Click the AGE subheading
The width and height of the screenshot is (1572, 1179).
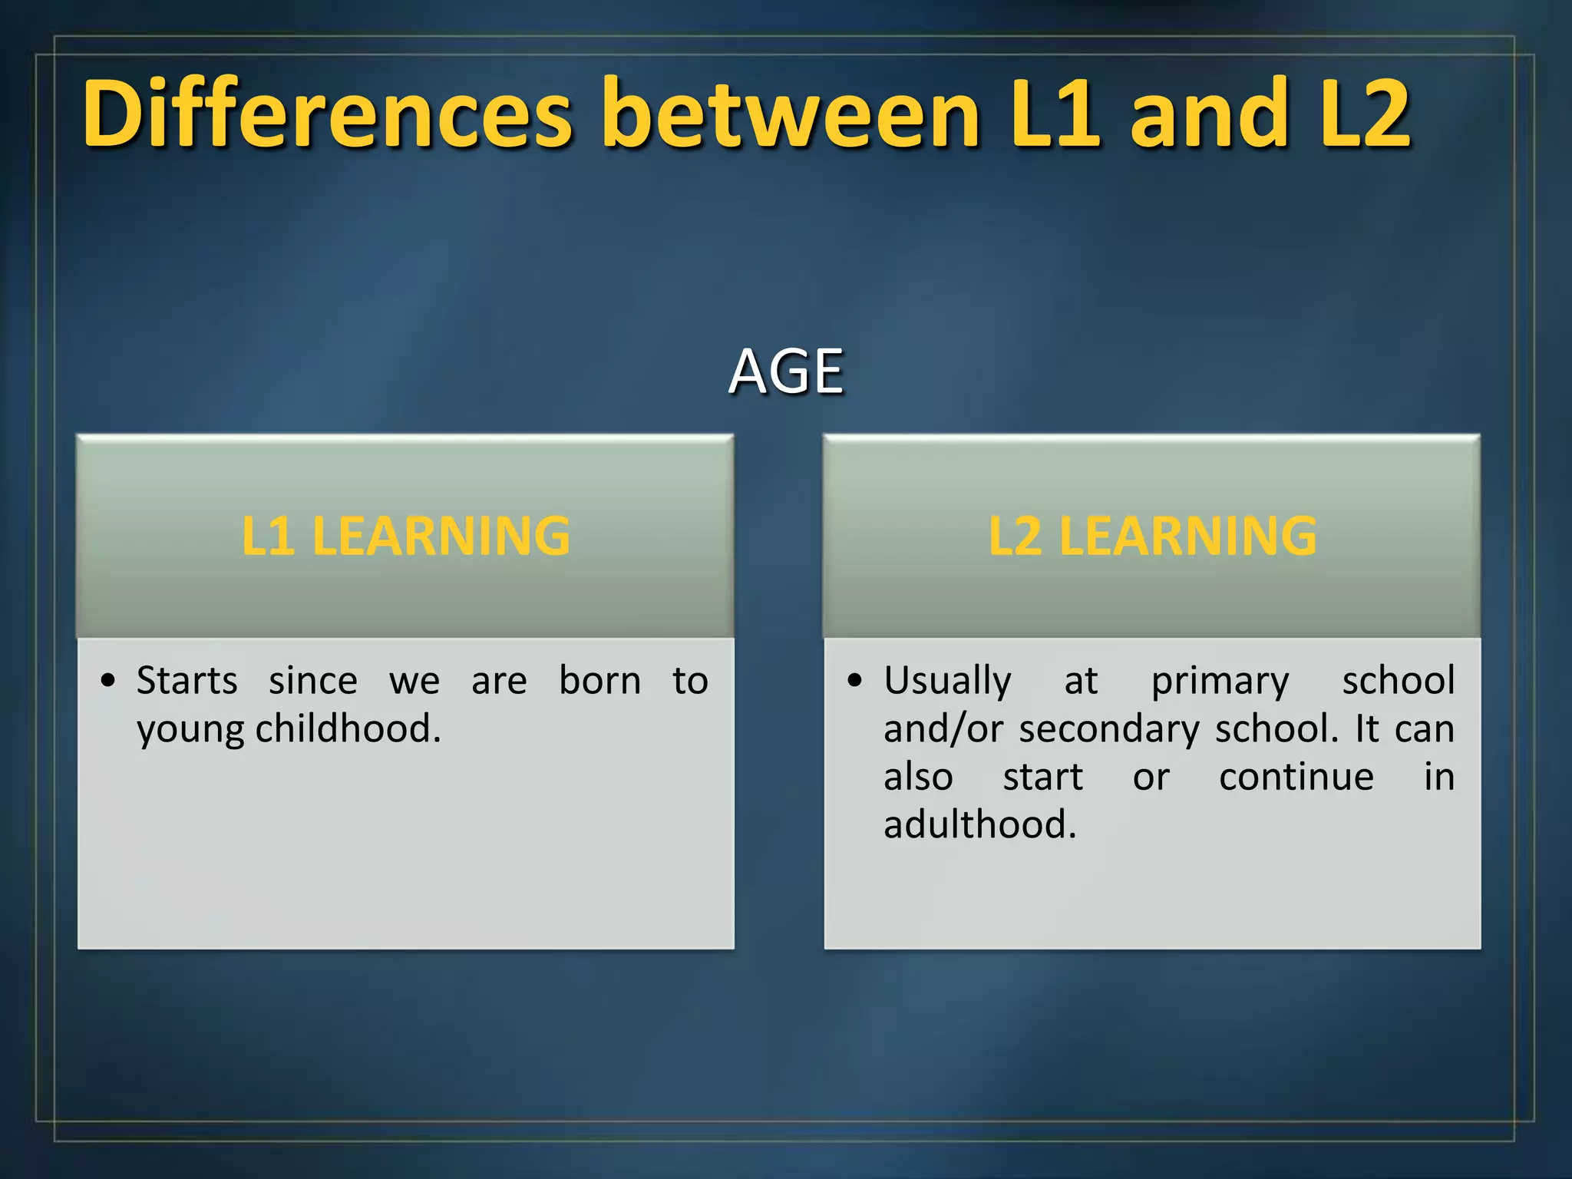786,372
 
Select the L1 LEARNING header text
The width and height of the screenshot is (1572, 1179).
406,536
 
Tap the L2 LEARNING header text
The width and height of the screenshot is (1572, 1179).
1152,536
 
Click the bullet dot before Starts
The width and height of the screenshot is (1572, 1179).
108,681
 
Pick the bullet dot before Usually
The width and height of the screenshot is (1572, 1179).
855,681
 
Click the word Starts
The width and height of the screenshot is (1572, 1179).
187,681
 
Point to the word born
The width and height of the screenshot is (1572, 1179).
599,681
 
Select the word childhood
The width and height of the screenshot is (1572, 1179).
348,728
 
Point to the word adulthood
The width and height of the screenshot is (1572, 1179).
980,824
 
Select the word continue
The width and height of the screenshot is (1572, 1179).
1296,777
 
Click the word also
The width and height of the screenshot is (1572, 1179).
918,777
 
